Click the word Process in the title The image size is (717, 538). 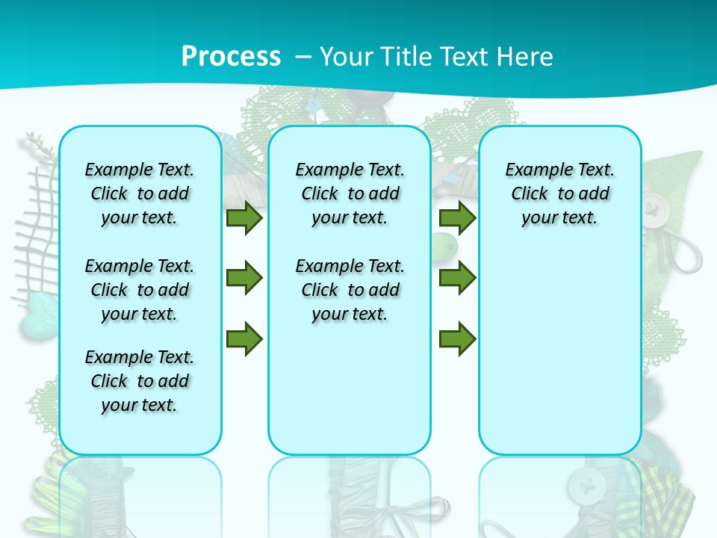coord(231,56)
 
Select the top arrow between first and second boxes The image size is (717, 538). coord(244,218)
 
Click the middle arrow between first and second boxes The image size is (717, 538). coord(244,279)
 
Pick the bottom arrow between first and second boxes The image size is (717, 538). coord(244,338)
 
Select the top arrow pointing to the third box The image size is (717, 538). coord(457,218)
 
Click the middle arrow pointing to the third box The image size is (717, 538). coord(457,279)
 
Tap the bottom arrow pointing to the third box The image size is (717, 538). coord(457,338)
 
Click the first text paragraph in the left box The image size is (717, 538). coord(140,194)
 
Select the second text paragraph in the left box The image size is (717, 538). coord(140,290)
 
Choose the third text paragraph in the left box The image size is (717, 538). coord(140,381)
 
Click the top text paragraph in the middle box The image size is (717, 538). coord(350,194)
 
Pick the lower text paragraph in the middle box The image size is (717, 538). coord(350,290)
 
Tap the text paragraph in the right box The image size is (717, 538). coord(559,194)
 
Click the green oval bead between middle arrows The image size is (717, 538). coord(442,243)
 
